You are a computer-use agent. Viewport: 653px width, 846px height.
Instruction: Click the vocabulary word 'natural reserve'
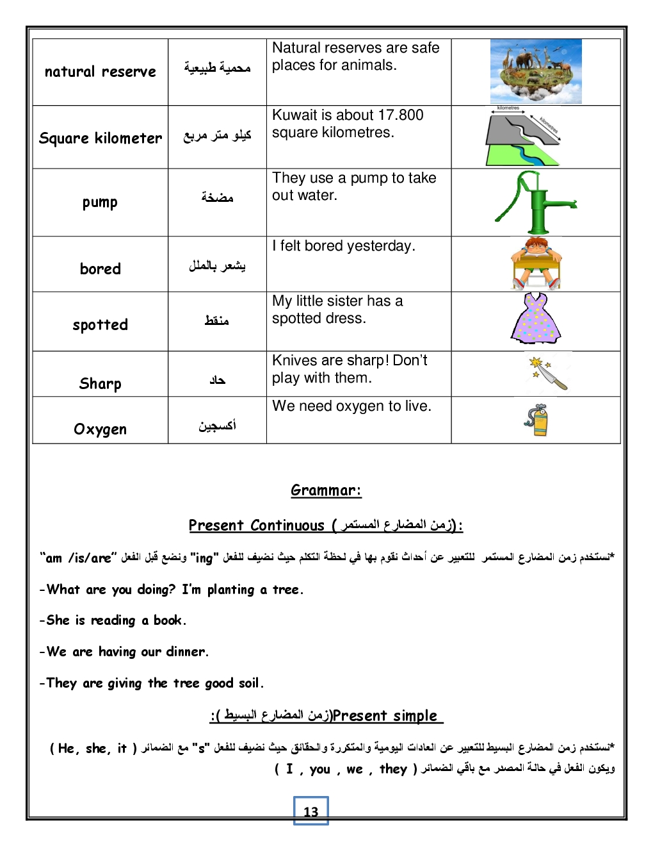click(x=101, y=72)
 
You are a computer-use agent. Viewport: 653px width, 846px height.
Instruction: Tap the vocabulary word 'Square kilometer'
click(x=101, y=138)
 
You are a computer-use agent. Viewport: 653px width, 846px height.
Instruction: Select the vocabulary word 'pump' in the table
click(x=100, y=203)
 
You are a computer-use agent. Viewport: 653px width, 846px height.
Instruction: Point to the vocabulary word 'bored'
click(x=101, y=269)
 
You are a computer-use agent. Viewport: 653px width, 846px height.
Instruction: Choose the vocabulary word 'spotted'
click(x=101, y=325)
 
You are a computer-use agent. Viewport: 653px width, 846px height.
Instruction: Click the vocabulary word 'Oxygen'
click(x=101, y=429)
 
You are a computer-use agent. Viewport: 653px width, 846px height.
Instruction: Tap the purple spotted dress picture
click(x=536, y=319)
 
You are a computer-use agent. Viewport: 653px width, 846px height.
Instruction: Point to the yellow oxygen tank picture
click(x=537, y=420)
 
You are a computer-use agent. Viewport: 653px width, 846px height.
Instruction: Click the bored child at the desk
click(x=536, y=263)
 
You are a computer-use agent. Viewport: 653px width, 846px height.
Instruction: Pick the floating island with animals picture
click(x=536, y=71)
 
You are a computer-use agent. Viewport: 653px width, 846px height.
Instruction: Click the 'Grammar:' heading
click(x=326, y=491)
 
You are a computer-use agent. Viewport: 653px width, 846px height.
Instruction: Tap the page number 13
click(x=311, y=811)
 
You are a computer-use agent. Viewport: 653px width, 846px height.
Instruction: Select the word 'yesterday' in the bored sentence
click(x=382, y=246)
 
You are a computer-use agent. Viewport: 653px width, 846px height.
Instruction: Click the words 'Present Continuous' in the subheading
click(x=256, y=526)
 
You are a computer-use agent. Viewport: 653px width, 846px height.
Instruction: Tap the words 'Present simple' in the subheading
click(x=385, y=716)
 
